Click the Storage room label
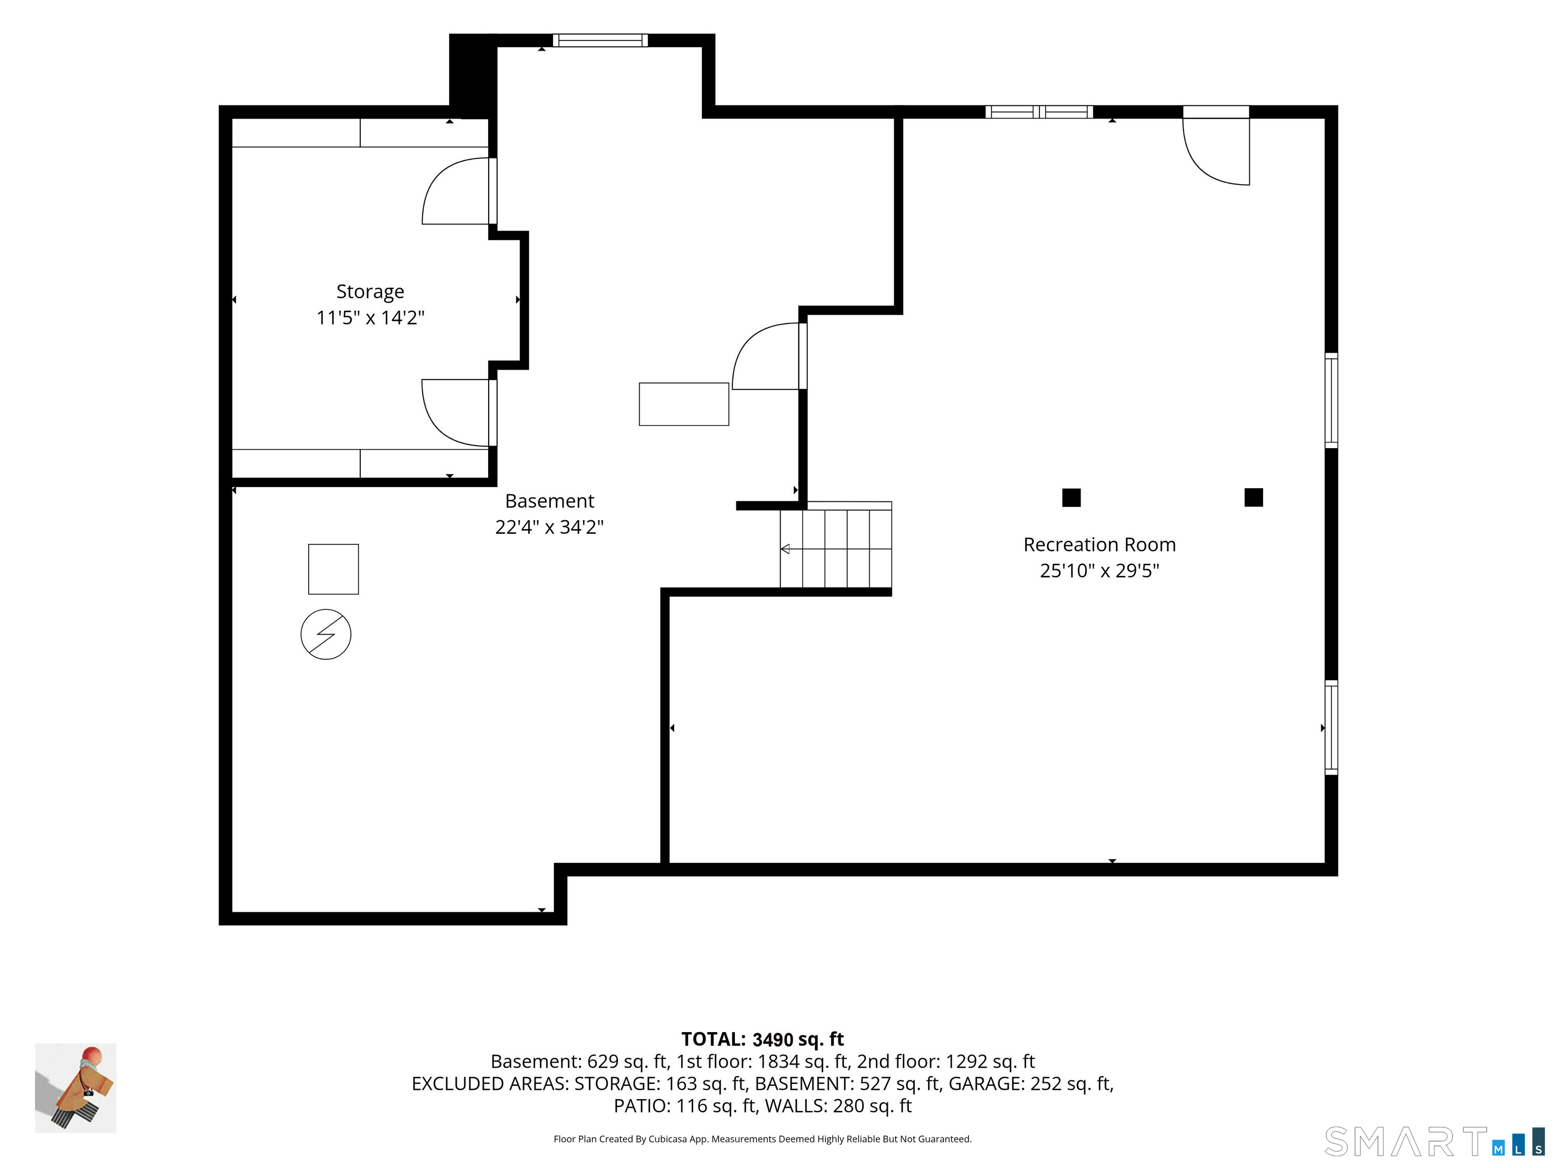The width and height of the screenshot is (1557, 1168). pyautogui.click(x=370, y=291)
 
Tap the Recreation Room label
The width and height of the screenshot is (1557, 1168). pyautogui.click(x=1099, y=544)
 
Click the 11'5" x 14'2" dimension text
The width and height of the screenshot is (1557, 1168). pyautogui.click(x=370, y=317)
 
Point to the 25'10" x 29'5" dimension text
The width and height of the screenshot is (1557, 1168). pyautogui.click(x=1099, y=570)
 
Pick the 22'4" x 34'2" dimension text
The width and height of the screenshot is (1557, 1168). pyautogui.click(x=550, y=527)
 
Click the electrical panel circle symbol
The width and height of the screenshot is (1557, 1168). pyautogui.click(x=326, y=634)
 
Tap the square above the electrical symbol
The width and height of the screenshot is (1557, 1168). pyautogui.click(x=333, y=569)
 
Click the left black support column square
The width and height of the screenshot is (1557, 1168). pyautogui.click(x=1071, y=498)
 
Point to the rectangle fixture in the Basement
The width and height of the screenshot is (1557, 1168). pyautogui.click(x=684, y=404)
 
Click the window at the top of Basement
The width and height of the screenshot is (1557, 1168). pyautogui.click(x=600, y=40)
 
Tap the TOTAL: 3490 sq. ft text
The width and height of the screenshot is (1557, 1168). pyautogui.click(x=762, y=1039)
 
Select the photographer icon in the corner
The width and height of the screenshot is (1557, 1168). pyautogui.click(x=76, y=1088)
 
